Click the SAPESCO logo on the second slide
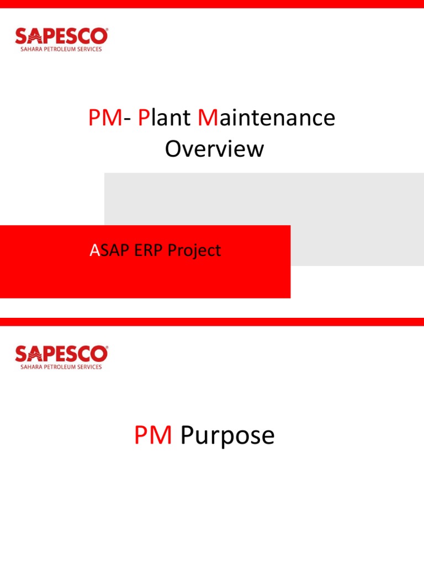tap(61, 354)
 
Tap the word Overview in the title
tap(214, 149)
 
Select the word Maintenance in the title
tap(266, 118)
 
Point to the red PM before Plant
tap(104, 118)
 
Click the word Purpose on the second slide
tap(227, 435)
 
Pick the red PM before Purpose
tap(153, 435)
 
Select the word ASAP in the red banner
tap(110, 250)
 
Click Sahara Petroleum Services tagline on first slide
tap(61, 49)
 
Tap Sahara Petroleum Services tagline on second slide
tap(61, 367)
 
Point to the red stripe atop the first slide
tap(212, 4)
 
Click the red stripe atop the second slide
tap(212, 321)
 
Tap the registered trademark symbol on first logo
tap(107, 30)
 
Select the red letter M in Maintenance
tap(208, 118)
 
